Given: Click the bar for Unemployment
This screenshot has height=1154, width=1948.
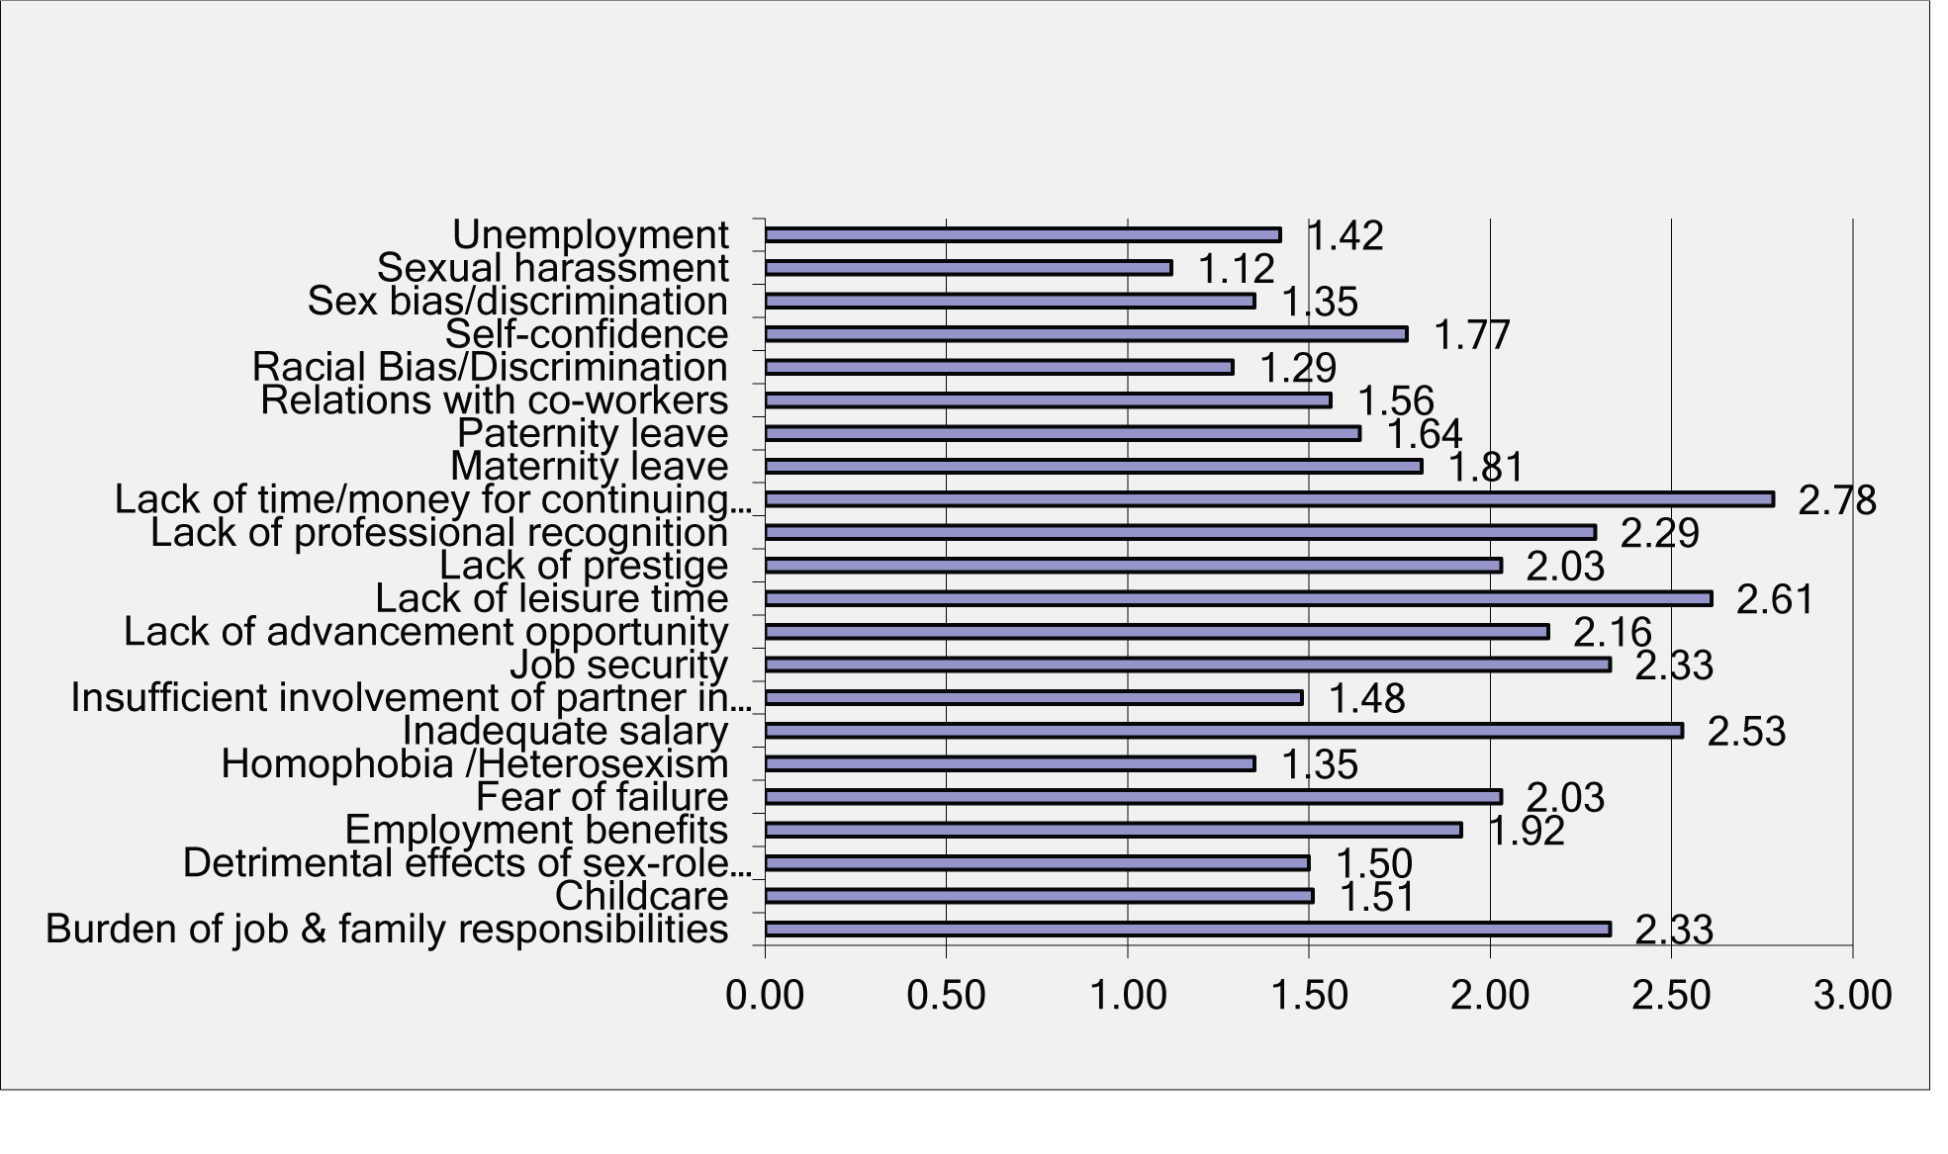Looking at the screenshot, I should click(x=1022, y=235).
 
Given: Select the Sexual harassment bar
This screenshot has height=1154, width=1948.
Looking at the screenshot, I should click(x=968, y=268).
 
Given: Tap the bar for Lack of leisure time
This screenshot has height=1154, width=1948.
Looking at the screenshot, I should click(x=1238, y=598).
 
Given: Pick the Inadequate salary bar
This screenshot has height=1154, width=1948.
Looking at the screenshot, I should click(x=1223, y=731).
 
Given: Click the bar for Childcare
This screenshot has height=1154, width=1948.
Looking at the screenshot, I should click(x=1039, y=896).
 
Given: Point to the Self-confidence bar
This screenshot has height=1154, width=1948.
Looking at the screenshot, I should click(x=1085, y=334).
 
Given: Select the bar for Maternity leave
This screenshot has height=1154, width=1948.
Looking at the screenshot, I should click(x=1093, y=467).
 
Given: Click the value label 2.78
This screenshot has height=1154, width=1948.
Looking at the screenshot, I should click(x=1836, y=500).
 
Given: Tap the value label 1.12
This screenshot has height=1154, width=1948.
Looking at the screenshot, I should click(x=1236, y=269).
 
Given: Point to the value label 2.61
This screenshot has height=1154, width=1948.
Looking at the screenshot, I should click(x=1775, y=600).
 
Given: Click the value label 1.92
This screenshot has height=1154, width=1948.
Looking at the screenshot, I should click(x=1527, y=832).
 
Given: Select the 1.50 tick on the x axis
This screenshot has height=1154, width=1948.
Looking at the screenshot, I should click(x=1309, y=995).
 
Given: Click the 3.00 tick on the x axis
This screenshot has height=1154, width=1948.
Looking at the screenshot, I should click(x=1852, y=995).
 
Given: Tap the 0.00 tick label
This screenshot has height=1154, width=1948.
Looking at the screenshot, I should click(x=765, y=995).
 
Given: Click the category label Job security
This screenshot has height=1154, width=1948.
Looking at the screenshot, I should click(x=618, y=665).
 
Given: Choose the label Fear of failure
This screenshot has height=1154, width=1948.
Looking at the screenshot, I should click(x=602, y=797).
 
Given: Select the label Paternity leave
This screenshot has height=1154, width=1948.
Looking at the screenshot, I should click(x=593, y=433).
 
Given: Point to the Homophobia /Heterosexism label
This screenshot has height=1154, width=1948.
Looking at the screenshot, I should click(x=474, y=764).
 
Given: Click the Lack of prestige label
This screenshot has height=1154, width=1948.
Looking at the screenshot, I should click(x=584, y=566).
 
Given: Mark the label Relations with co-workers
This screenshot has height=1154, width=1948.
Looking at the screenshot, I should click(x=494, y=400).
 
